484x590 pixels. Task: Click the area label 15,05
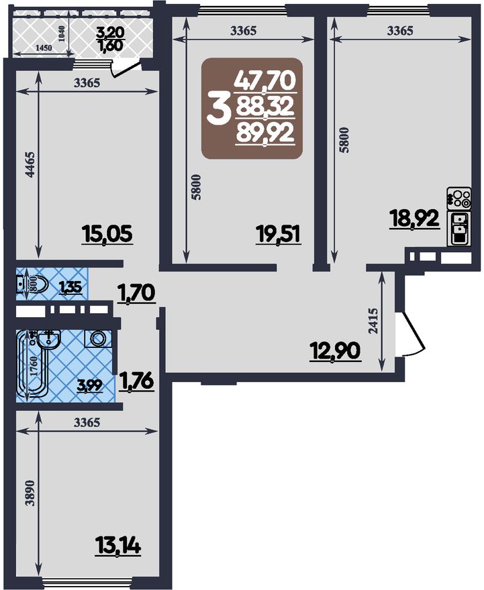click(107, 235)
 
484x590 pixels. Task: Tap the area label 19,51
click(279, 235)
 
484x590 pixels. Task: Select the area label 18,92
click(415, 219)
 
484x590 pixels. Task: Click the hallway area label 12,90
click(335, 351)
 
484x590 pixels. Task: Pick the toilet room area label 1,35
click(70, 288)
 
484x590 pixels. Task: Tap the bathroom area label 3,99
click(90, 386)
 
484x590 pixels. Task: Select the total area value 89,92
click(264, 133)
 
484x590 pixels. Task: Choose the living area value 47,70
click(264, 81)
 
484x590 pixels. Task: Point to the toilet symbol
click(32, 285)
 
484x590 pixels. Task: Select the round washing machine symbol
click(98, 339)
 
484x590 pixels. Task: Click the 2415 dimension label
click(373, 321)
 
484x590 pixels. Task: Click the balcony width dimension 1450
click(44, 48)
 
